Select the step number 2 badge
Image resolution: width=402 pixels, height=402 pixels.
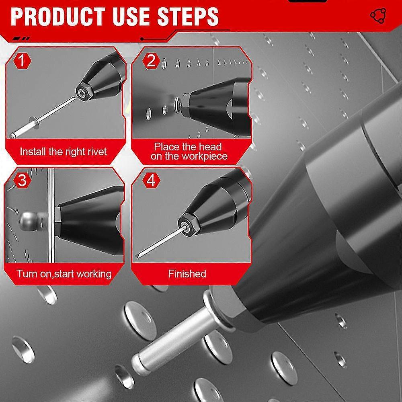151,62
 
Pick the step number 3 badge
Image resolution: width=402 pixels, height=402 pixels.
22,180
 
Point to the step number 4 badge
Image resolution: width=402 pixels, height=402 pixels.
151,180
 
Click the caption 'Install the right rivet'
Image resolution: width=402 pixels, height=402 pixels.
64,152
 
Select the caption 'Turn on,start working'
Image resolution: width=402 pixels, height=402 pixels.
64,274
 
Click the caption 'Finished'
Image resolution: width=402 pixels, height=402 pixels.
187,274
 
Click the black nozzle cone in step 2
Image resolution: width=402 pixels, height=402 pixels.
209,100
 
